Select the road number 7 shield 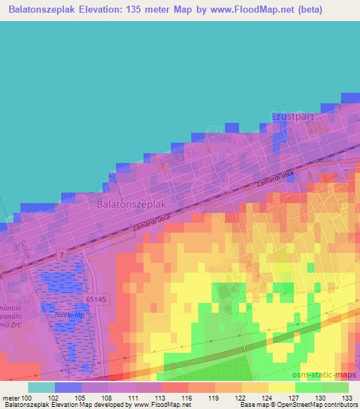point(63,254)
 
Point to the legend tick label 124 point(268,398)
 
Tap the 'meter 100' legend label point(18,398)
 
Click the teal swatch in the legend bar point(41,387)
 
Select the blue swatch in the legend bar point(68,387)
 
